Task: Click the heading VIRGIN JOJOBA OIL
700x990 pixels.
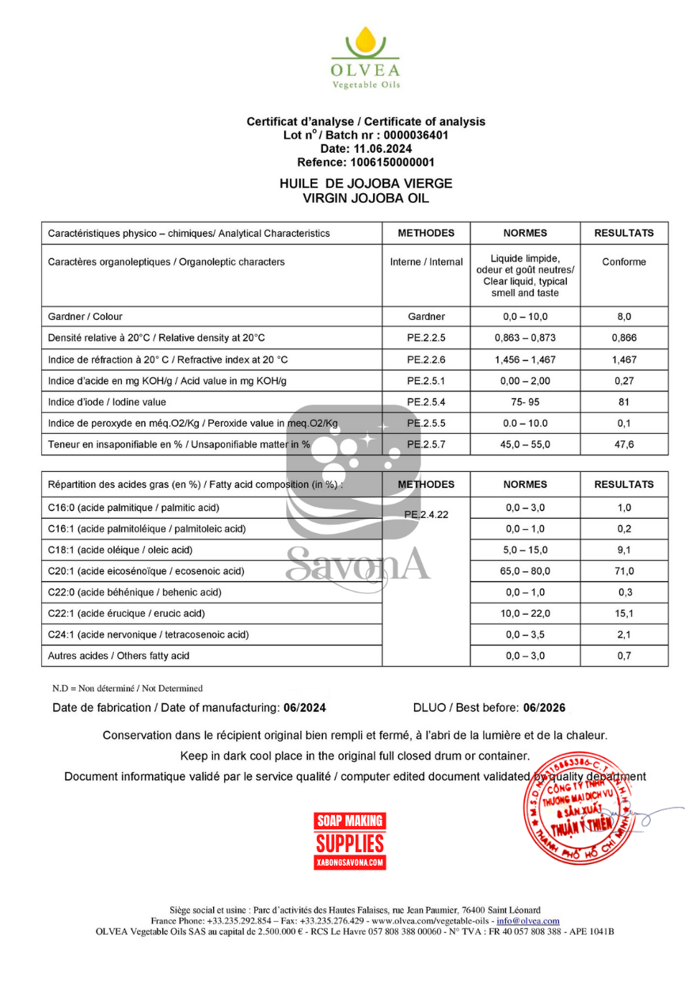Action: [366, 198]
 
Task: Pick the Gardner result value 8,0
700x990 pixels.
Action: [624, 316]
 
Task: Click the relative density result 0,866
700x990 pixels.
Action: [624, 337]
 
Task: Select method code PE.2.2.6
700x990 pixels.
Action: [426, 360]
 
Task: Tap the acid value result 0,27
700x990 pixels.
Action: [624, 381]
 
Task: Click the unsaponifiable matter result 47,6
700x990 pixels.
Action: [624, 444]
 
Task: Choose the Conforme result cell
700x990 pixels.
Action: [624, 262]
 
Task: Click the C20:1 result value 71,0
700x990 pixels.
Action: [624, 571]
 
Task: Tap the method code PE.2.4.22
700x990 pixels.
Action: [426, 515]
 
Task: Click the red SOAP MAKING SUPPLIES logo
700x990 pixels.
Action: [350, 840]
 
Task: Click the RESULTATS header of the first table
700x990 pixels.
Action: [624, 233]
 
